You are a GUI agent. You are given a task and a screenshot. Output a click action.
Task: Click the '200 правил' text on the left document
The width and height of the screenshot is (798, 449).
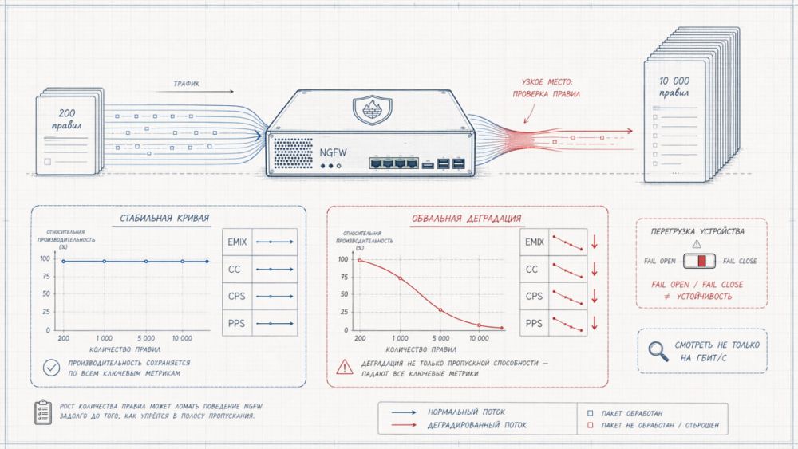pos(68,120)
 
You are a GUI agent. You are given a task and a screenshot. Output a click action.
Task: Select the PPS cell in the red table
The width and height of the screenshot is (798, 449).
pos(534,324)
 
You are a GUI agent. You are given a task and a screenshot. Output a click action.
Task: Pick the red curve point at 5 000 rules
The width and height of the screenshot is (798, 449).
pos(440,309)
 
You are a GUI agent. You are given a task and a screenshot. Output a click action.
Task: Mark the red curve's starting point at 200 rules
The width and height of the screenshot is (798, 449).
pos(360,261)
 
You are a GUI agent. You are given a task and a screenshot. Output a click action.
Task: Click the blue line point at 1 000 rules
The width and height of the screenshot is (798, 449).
pos(104,262)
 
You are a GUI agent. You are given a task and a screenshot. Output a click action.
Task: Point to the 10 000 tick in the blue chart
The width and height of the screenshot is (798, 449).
pos(182,338)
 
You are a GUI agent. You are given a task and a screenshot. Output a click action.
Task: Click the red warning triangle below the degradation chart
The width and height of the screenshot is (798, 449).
pos(344,368)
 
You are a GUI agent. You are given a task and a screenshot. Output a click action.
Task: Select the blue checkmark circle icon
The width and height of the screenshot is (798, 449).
pos(52,368)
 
